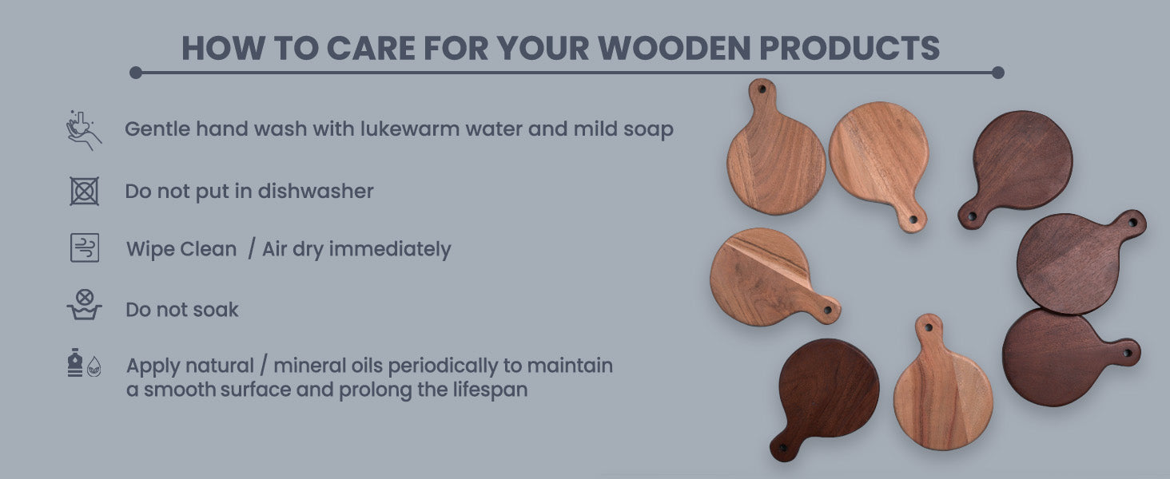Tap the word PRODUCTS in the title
pyautogui.click(x=850, y=48)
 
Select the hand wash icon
pyautogui.click(x=84, y=130)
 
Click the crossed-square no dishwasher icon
pyautogui.click(x=85, y=191)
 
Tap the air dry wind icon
pyautogui.click(x=85, y=247)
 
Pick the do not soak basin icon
pyautogui.click(x=84, y=305)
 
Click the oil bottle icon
pyautogui.click(x=75, y=362)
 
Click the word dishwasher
pyautogui.click(x=316, y=191)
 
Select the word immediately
pyautogui.click(x=390, y=249)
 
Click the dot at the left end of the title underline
pyautogui.click(x=136, y=73)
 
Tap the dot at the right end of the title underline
pyautogui.click(x=997, y=73)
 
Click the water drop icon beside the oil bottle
pyautogui.click(x=94, y=366)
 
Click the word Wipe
pyautogui.click(x=148, y=249)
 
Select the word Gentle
pyautogui.click(x=157, y=129)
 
